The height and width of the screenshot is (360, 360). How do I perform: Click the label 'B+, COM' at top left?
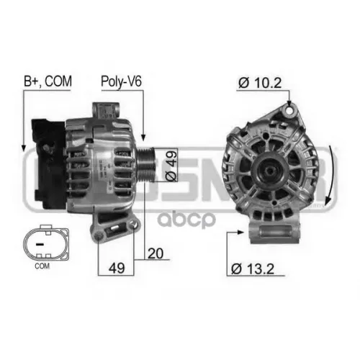click(x=48, y=83)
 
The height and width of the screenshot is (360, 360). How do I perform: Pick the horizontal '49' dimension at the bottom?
click(x=114, y=268)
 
